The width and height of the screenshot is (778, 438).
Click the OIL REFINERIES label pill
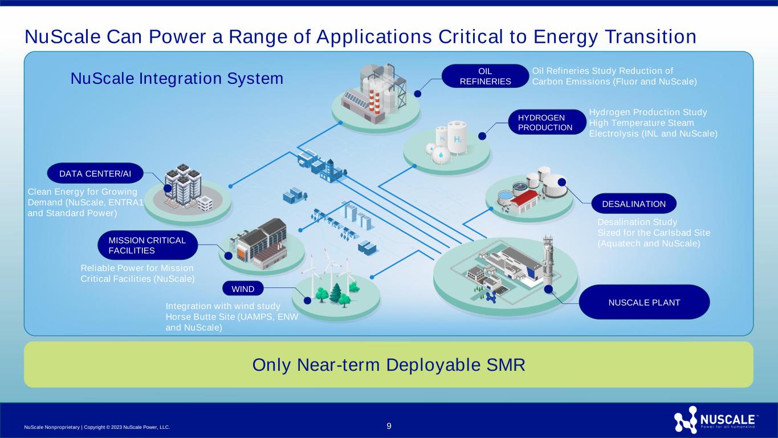[485, 76]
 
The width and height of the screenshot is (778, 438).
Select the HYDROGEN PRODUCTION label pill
[547, 123]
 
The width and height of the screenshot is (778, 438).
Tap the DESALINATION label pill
[634, 204]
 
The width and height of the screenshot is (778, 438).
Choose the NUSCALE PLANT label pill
[644, 302]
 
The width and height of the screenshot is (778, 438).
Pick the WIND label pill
[243, 289]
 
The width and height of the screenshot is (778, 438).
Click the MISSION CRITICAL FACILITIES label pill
[148, 245]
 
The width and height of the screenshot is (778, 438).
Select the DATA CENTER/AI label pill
[95, 173]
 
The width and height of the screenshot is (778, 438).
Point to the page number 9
[389, 426]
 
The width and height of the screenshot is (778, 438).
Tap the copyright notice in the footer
[97, 427]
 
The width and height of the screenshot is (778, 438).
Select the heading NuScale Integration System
[177, 78]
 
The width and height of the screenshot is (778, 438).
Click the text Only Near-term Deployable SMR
[389, 364]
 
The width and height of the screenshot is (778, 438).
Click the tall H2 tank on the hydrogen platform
[457, 137]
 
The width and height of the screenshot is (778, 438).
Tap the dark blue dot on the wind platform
[307, 301]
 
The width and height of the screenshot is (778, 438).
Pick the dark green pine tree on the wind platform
[336, 293]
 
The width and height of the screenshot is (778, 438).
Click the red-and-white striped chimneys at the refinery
[374, 100]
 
